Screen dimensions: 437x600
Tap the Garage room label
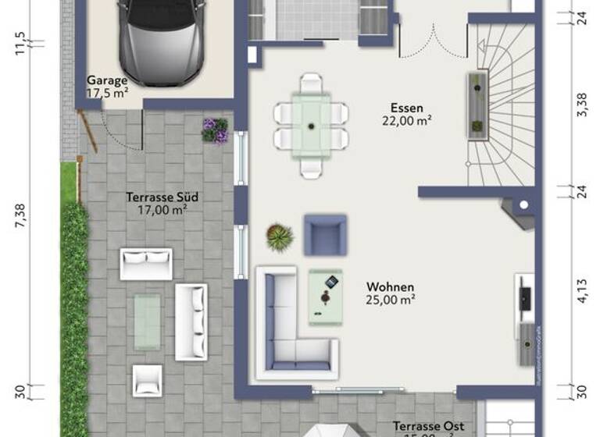pos(107,86)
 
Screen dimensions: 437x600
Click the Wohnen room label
pos(391,293)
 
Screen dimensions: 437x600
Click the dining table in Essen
pos(311,125)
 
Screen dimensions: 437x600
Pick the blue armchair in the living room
pos(325,235)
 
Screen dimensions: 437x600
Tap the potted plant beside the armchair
pos(279,236)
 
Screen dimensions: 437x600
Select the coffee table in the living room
pos(325,297)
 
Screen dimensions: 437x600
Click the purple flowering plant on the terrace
pos(215,130)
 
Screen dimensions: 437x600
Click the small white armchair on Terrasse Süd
pos(147,380)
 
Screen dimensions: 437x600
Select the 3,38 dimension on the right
pos(581,105)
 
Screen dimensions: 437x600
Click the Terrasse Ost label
pos(428,427)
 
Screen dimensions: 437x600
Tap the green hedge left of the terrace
pos(74,312)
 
